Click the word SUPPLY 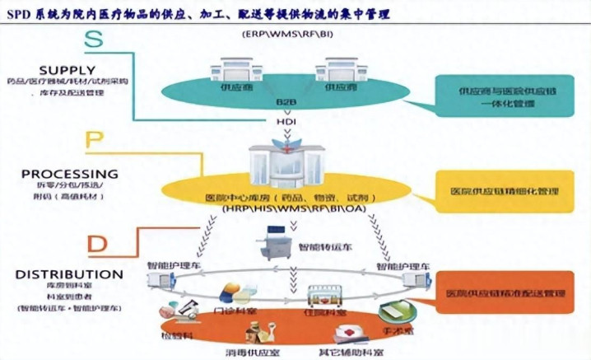pos(67,70)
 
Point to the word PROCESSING pos(69,174)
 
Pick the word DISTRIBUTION pos(70,274)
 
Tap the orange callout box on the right pos(505,292)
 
